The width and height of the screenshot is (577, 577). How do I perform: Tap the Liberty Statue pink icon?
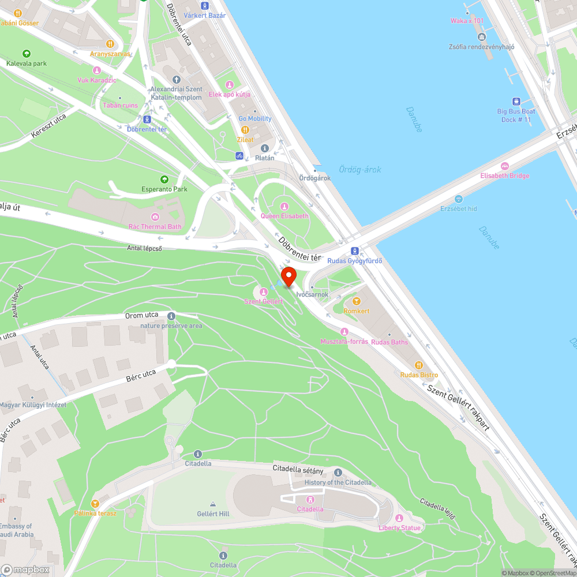tap(399, 518)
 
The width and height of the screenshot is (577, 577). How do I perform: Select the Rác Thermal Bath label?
tap(154, 227)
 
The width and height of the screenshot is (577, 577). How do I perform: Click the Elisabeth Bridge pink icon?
tap(505, 166)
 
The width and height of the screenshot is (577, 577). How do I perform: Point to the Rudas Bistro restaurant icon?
tap(419, 365)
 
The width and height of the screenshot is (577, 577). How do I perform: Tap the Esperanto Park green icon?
tap(164, 179)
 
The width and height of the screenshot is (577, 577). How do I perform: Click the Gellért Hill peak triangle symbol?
tap(213, 504)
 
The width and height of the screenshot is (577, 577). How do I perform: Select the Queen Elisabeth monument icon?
tap(284, 207)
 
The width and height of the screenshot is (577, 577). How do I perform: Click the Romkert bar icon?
tap(356, 301)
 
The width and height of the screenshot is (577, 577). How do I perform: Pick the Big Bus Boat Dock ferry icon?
tap(516, 102)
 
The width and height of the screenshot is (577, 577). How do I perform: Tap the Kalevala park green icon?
tap(26, 54)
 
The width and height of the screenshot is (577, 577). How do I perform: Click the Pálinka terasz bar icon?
tap(95, 504)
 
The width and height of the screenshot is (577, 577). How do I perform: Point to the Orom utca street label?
tap(142, 316)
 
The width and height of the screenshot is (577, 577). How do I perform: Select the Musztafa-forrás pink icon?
tap(344, 332)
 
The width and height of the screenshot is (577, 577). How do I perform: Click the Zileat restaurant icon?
tap(245, 130)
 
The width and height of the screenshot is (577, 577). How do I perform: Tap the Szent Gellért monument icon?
tap(264, 292)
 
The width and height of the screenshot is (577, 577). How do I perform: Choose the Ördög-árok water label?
tap(359, 170)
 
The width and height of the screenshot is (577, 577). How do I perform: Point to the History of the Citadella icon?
tap(338, 473)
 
